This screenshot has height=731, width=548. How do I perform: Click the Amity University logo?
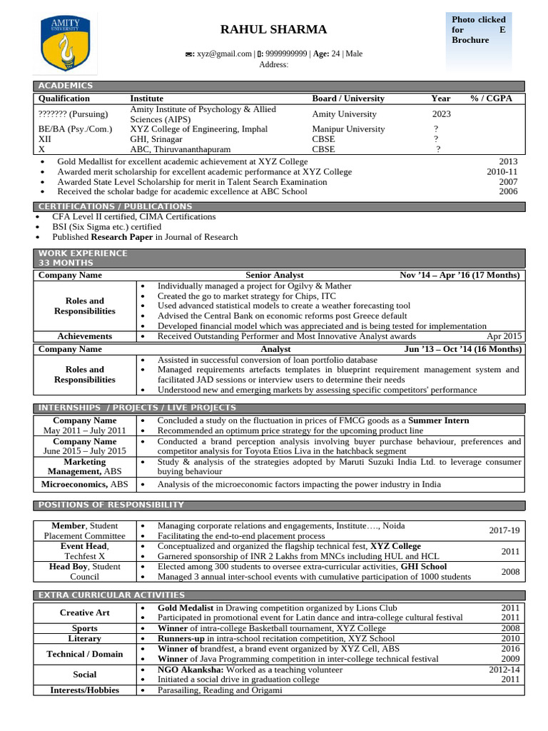tap(68, 44)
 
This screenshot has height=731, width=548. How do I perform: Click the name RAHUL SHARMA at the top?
tap(273, 29)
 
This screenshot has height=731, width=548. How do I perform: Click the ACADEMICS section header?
tap(65, 86)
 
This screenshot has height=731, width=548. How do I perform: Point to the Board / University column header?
tap(348, 99)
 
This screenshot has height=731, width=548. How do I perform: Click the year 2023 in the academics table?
tap(442, 114)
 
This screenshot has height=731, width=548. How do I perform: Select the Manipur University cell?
tap(348, 129)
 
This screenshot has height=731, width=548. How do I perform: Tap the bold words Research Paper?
tap(121, 237)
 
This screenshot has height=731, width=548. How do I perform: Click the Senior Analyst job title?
tap(275, 275)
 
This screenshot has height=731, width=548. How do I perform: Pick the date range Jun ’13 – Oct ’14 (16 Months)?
tap(462, 349)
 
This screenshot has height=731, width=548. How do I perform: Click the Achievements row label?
tap(84, 336)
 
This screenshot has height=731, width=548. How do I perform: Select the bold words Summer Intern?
tap(438, 420)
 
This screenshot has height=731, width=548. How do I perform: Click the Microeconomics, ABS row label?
tap(84, 484)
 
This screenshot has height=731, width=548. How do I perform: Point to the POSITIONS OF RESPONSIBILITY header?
tap(111, 505)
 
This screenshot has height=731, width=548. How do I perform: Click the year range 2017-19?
tap(504, 530)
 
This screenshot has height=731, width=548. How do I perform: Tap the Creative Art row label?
tap(84, 612)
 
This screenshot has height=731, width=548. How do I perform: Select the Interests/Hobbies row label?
tap(84, 690)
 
